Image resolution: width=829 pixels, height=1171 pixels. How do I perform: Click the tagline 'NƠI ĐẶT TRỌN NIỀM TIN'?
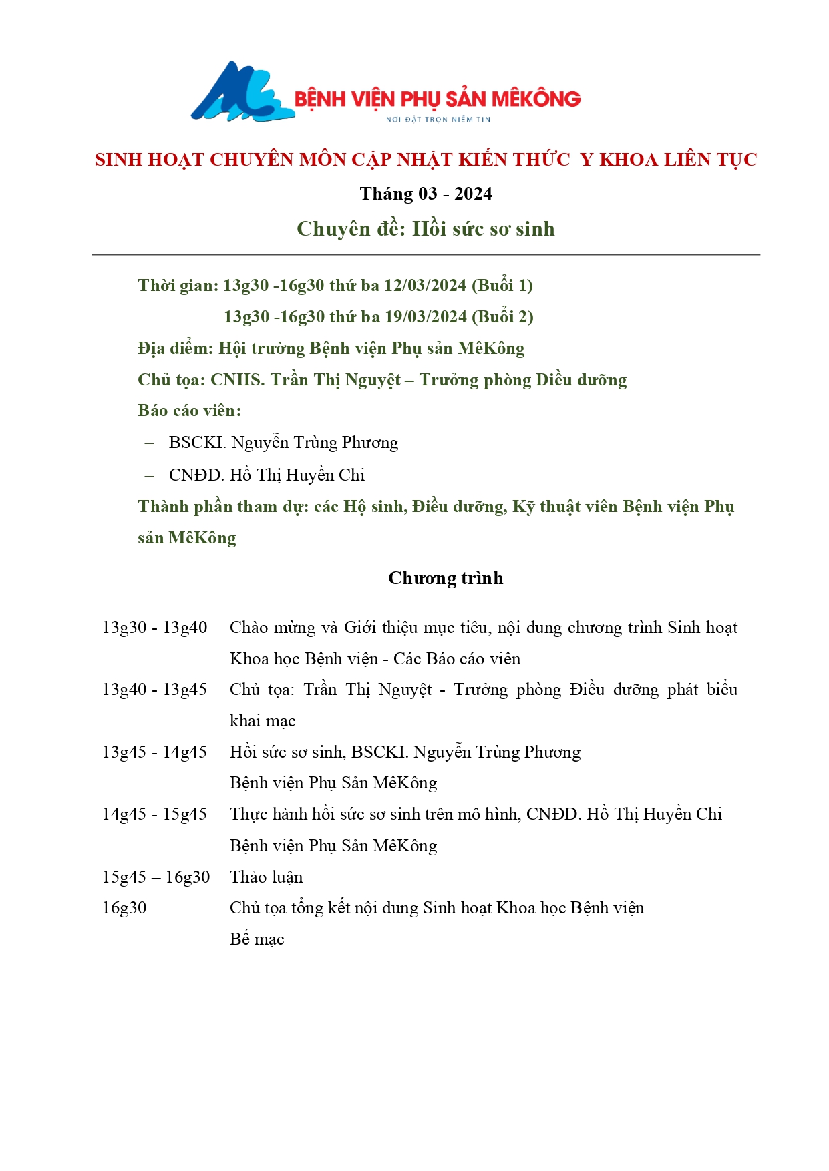(438, 120)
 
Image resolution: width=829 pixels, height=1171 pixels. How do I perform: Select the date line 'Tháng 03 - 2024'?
(426, 194)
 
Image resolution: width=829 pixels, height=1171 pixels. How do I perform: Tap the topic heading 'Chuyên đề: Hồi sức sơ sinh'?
(426, 229)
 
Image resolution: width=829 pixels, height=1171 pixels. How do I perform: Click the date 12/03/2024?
(425, 286)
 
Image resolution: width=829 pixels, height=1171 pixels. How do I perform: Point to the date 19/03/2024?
(426, 317)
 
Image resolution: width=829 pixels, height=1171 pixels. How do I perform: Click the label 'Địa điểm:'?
(175, 348)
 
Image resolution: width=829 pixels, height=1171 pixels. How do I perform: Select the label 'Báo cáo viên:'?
(189, 411)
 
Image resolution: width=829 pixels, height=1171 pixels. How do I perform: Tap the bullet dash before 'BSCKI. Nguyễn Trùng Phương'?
(150, 443)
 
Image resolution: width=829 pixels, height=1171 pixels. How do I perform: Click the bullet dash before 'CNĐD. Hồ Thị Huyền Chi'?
(150, 475)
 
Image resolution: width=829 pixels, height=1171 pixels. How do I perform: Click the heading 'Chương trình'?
(446, 578)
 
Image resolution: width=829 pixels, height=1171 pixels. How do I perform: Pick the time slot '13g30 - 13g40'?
(154, 628)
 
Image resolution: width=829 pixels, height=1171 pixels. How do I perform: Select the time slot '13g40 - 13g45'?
(154, 690)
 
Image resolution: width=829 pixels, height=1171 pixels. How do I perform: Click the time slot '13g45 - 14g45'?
(154, 752)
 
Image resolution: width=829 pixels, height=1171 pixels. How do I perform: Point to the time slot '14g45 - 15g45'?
(154, 814)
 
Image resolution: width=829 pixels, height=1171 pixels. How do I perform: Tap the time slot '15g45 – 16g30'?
(156, 877)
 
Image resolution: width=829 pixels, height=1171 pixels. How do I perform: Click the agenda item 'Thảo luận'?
(266, 877)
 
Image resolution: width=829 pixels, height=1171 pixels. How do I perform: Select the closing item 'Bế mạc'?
(257, 939)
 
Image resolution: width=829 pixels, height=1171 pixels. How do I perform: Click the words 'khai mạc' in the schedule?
(262, 721)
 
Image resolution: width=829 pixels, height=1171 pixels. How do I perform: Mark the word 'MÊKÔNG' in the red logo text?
(536, 99)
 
